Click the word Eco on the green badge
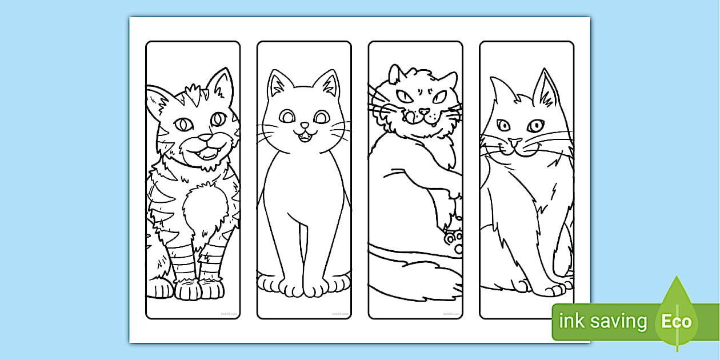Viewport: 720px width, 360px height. tap(677, 322)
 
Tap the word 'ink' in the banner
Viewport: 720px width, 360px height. tap(572, 322)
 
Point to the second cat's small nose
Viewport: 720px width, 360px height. tap(305, 125)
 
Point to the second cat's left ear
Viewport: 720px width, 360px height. tap(278, 84)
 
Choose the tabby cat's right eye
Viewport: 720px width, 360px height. tap(218, 119)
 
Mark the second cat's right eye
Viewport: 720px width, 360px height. tap(322, 117)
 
